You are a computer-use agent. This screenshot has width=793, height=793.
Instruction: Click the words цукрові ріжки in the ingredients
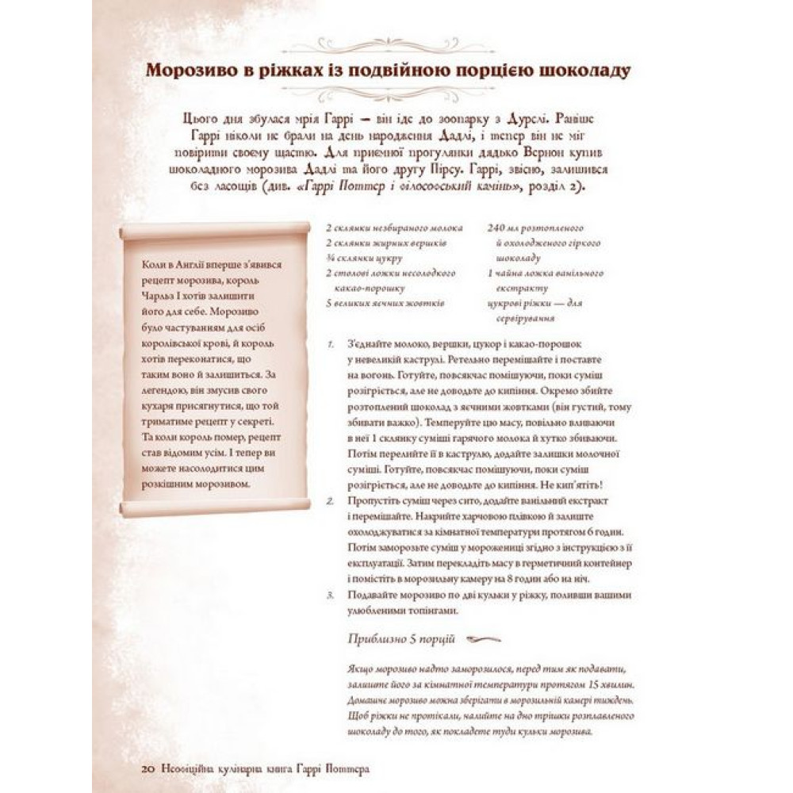[512, 303]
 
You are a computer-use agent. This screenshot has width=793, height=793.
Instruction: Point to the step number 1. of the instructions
[330, 346]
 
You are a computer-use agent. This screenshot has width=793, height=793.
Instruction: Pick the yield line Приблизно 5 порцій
[400, 638]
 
